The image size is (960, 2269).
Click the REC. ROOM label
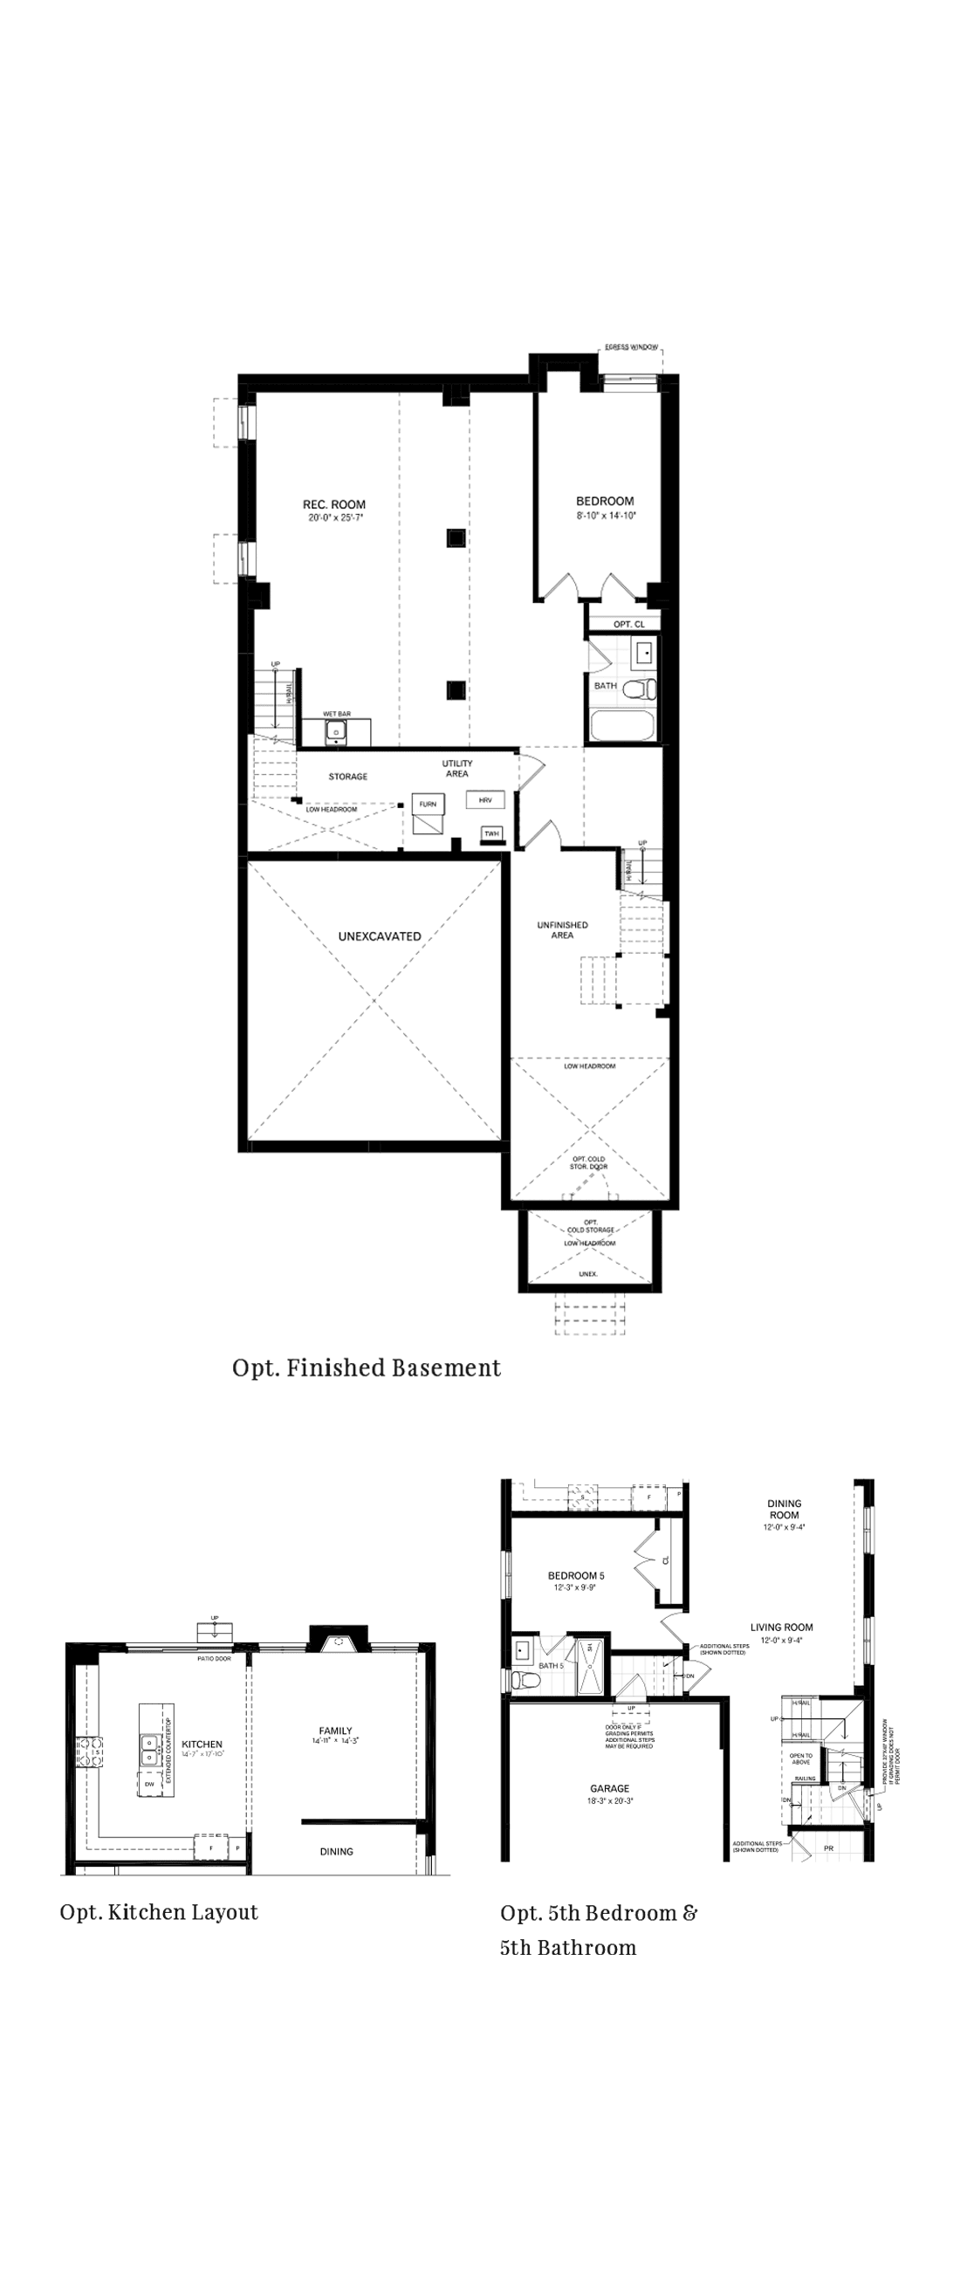[x=333, y=504]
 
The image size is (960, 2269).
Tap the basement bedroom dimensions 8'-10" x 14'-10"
[x=605, y=515]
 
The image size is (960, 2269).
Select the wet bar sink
[x=335, y=730]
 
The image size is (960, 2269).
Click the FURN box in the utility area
[x=427, y=805]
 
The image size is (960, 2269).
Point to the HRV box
[x=485, y=800]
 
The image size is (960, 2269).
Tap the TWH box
[x=491, y=833]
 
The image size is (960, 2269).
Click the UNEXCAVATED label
[x=380, y=936]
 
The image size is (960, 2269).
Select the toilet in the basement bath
[x=637, y=689]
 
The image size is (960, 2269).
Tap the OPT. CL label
[x=629, y=624]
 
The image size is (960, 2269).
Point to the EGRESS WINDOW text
[x=632, y=348]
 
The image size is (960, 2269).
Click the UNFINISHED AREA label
[x=562, y=930]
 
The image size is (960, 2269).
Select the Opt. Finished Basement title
[x=367, y=1368]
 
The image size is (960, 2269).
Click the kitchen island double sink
[x=147, y=1751]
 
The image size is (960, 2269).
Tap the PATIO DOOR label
[x=214, y=1659]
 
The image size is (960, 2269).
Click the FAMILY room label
[x=335, y=1731]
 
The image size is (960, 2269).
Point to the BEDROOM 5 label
[x=576, y=1576]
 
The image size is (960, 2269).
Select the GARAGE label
[x=609, y=1789]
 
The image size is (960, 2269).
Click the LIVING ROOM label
[x=781, y=1628]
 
